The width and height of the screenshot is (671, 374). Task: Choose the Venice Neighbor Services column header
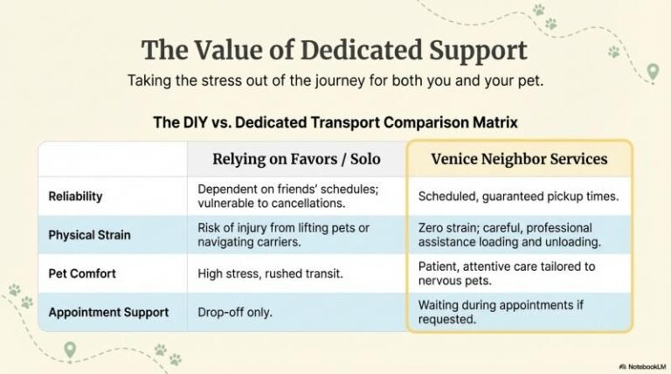[x=520, y=159]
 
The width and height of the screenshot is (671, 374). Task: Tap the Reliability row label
[x=76, y=197]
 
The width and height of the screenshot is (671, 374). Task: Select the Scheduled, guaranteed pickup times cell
[x=518, y=197]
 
